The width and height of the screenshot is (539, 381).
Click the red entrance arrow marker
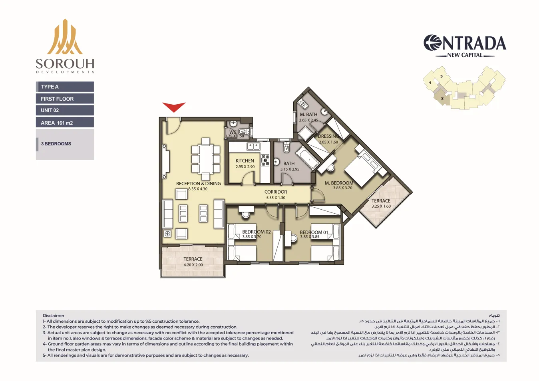174,107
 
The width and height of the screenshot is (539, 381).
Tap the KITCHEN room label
245,161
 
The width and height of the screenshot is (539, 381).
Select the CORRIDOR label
276,192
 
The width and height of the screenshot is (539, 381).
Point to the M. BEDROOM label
339,183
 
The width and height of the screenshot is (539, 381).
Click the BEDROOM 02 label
256,232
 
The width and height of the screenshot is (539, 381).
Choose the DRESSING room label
328,136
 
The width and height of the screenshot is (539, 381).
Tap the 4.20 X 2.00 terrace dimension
193,265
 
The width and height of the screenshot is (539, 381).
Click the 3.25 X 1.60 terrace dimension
381,206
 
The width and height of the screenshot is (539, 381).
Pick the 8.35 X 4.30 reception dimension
198,189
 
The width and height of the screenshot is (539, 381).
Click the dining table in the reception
205,159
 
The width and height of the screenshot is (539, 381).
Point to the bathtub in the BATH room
307,157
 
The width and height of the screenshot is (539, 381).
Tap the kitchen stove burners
265,160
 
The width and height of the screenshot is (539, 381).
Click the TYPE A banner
65,87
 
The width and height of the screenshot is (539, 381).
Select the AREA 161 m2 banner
65,123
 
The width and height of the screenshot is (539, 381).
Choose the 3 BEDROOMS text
56,144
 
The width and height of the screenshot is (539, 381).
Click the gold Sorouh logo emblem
65,37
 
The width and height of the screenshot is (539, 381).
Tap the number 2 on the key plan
442,98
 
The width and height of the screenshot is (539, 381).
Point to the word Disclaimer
54,316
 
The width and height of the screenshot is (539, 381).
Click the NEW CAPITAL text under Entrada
465,55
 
